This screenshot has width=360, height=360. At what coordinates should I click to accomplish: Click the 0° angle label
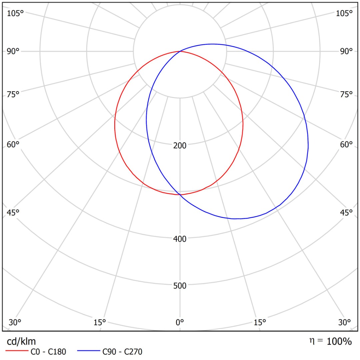tap(180, 322)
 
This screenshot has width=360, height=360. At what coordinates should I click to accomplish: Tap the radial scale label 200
tap(180, 145)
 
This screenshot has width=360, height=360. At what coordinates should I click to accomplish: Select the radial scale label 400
tap(180, 239)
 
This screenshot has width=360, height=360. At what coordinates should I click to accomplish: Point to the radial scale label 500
tap(180, 286)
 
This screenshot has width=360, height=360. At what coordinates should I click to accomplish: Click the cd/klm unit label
tap(21, 341)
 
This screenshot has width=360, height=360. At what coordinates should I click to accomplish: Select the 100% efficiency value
tap(339, 341)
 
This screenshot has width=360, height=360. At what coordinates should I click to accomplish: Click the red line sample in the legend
tap(17, 351)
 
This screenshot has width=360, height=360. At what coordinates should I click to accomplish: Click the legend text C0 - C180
tap(48, 352)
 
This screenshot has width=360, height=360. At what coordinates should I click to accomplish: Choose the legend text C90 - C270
tap(122, 352)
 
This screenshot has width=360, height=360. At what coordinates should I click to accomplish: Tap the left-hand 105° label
tap(15, 13)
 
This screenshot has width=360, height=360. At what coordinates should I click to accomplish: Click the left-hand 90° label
tap(13, 51)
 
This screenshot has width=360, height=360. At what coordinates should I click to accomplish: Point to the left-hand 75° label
tap(13, 95)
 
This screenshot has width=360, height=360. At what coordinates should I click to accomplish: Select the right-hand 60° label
tap(346, 145)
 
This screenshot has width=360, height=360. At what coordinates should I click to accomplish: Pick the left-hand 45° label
tap(13, 212)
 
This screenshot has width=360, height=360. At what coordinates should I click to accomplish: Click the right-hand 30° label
tap(344, 322)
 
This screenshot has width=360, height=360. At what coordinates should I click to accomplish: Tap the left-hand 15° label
tap(100, 322)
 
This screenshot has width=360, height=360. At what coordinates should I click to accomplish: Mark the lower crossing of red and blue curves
tap(180, 194)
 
